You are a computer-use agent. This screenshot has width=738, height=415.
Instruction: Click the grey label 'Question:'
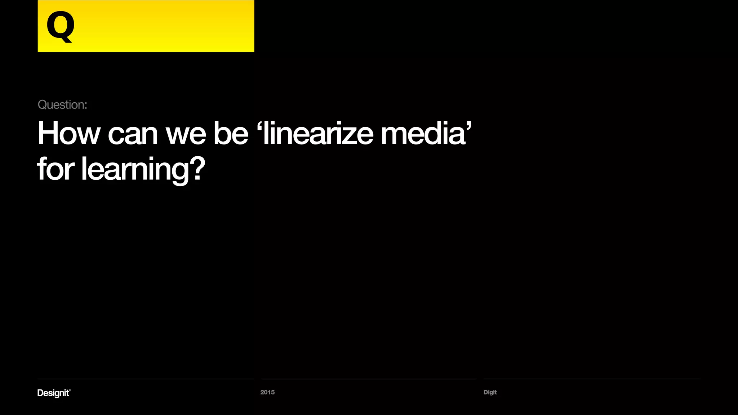pyautogui.click(x=62, y=105)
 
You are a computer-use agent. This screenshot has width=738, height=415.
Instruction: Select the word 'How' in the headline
pyautogui.click(x=68, y=133)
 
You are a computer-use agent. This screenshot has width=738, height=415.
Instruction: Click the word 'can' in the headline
pyautogui.click(x=133, y=134)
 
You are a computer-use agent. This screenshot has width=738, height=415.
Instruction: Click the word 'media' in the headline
pyautogui.click(x=423, y=133)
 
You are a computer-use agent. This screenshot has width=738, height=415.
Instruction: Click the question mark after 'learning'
pyautogui.click(x=197, y=168)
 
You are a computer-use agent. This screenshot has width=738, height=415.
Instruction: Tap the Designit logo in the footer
pyautogui.click(x=54, y=393)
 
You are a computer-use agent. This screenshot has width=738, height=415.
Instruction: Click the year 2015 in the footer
pyautogui.click(x=267, y=392)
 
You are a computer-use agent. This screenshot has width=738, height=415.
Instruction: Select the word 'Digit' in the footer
pyautogui.click(x=490, y=392)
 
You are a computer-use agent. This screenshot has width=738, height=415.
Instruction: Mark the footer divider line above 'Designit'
pyautogui.click(x=146, y=379)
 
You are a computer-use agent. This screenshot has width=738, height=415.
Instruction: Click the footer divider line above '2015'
pyautogui.click(x=369, y=379)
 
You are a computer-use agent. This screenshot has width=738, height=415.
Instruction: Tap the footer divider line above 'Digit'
pyautogui.click(x=592, y=379)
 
